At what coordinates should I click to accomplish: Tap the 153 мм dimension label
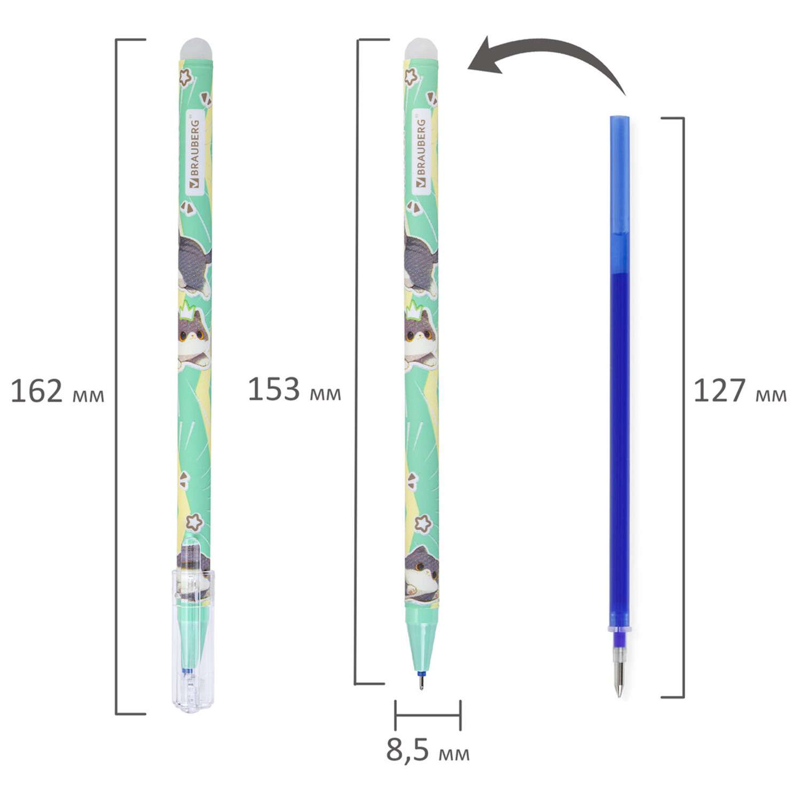point(294,390)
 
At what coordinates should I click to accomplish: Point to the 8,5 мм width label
point(428,750)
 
